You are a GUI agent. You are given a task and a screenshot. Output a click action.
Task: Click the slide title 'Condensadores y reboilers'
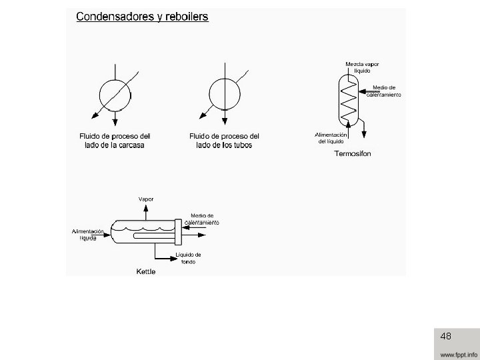[x=142, y=17]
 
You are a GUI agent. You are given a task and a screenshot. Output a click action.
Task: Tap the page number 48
[x=446, y=337]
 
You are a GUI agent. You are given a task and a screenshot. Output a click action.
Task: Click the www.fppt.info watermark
[x=458, y=353]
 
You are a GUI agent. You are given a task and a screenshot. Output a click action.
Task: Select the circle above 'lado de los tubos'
[x=224, y=93]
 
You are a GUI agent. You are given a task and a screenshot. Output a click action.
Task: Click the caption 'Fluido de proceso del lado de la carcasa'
[x=117, y=141]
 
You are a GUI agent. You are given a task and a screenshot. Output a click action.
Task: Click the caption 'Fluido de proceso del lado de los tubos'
[x=224, y=141]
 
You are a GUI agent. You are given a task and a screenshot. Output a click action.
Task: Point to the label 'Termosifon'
[x=352, y=154]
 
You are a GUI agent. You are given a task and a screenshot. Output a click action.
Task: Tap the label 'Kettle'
[x=146, y=271]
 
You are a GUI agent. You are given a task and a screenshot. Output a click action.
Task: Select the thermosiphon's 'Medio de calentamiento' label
[x=384, y=91]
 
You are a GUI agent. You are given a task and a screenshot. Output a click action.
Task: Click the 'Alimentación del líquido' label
[x=331, y=138]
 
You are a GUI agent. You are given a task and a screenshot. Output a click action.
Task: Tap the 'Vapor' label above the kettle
[x=145, y=199]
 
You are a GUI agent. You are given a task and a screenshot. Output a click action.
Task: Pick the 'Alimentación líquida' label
[x=89, y=234]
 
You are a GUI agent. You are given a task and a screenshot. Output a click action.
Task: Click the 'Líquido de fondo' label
[x=188, y=258]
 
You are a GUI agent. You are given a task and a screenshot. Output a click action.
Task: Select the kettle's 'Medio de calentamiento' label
[x=201, y=219]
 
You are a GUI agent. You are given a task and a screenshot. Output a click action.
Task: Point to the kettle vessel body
[x=143, y=230]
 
